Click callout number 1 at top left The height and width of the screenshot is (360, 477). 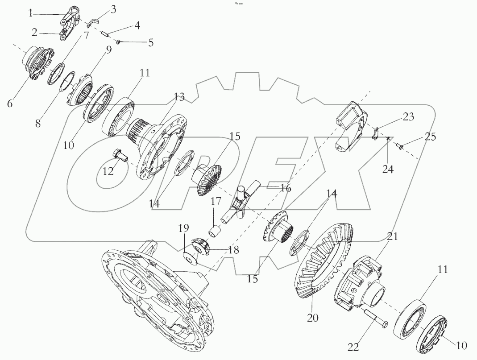point(31,13)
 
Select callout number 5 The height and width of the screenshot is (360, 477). point(151,43)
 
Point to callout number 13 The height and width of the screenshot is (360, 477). point(179,97)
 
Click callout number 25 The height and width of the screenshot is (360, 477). point(430,137)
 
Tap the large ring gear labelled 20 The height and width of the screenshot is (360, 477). point(320,263)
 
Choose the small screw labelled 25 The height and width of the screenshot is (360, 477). point(400,145)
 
